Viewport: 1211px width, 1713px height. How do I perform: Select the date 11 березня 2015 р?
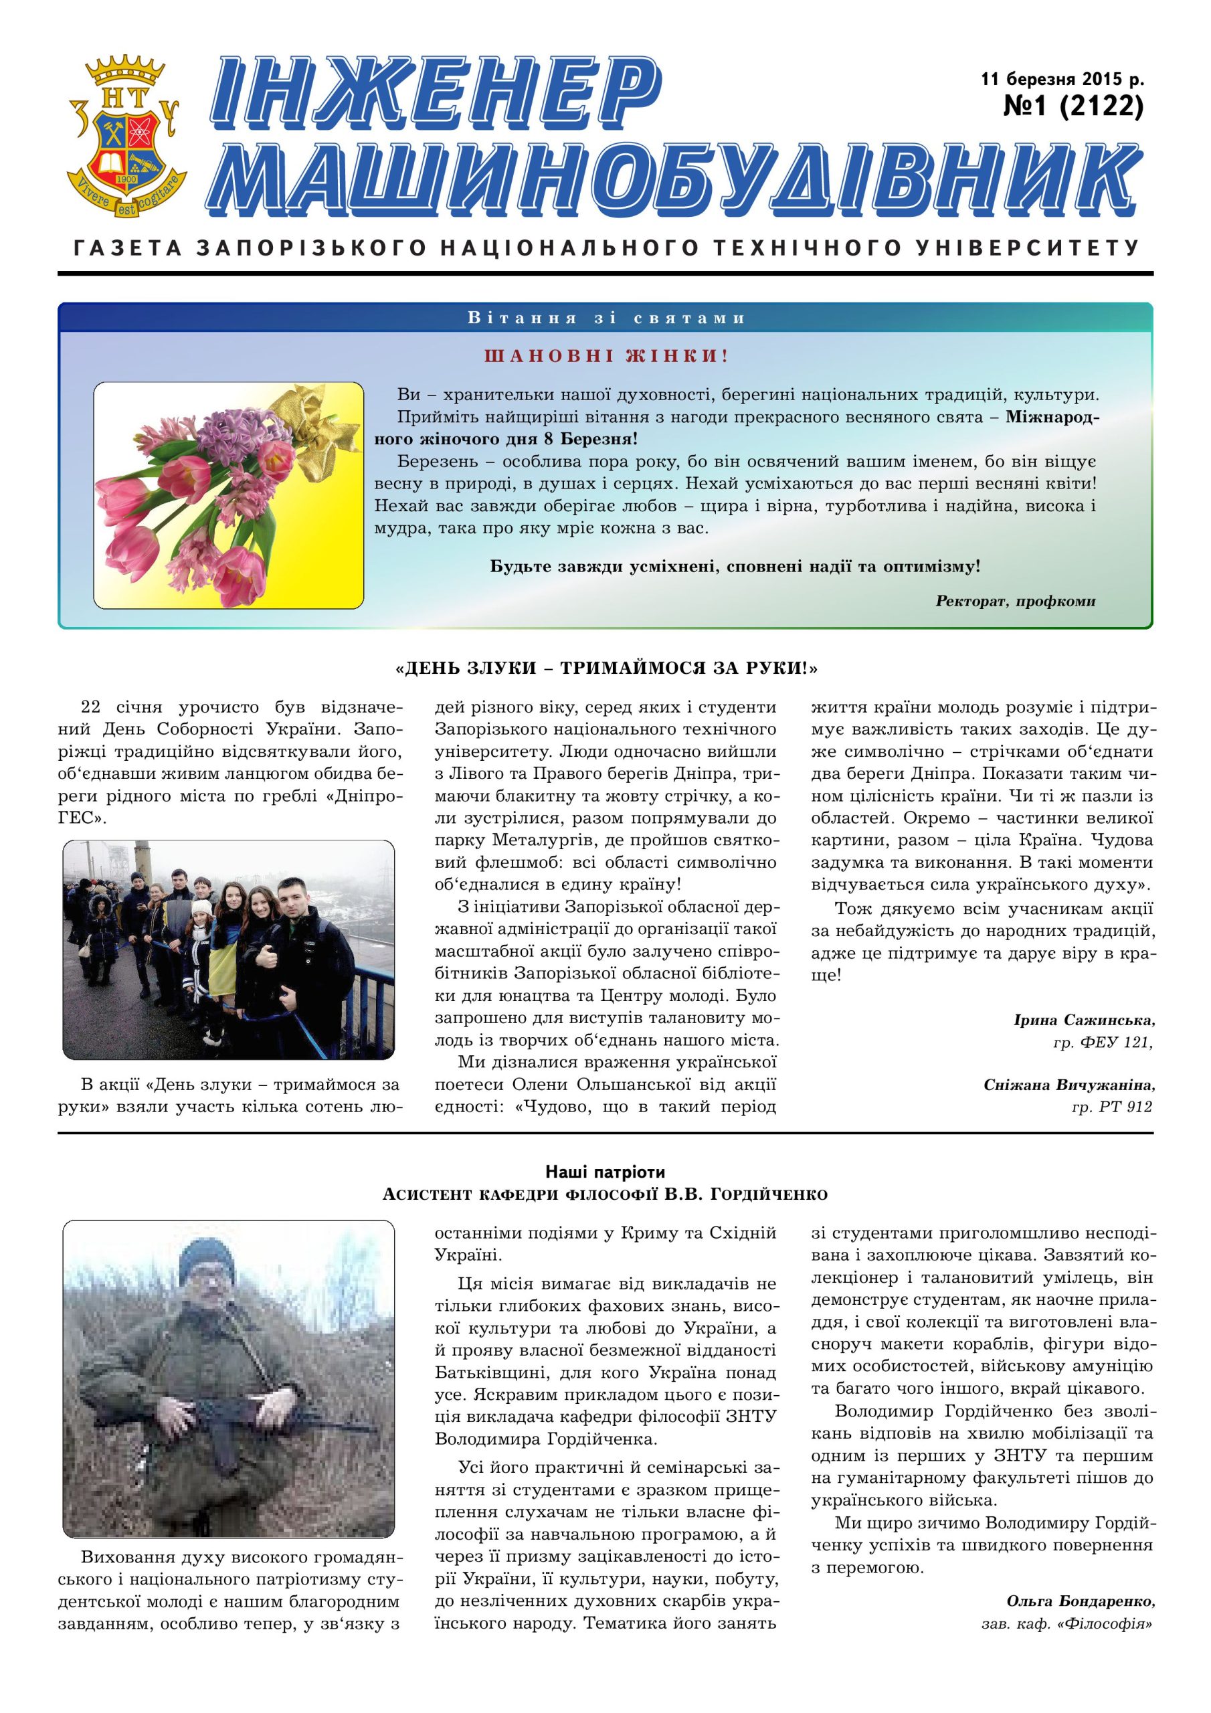tap(1062, 78)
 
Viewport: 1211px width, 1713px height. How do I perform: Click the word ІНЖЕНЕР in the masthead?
tap(436, 93)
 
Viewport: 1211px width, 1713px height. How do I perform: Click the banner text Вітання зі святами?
tap(606, 318)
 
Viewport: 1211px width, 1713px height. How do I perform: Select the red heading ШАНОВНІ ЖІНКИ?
tap(606, 355)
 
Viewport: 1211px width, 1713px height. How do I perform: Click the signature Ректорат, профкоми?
tap(1015, 601)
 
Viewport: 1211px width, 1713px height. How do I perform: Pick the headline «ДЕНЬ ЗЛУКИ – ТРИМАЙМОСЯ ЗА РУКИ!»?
tap(606, 668)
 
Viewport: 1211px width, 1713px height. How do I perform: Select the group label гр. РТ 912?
tap(1111, 1107)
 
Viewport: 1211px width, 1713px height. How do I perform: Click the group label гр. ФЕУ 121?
tap(1103, 1042)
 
